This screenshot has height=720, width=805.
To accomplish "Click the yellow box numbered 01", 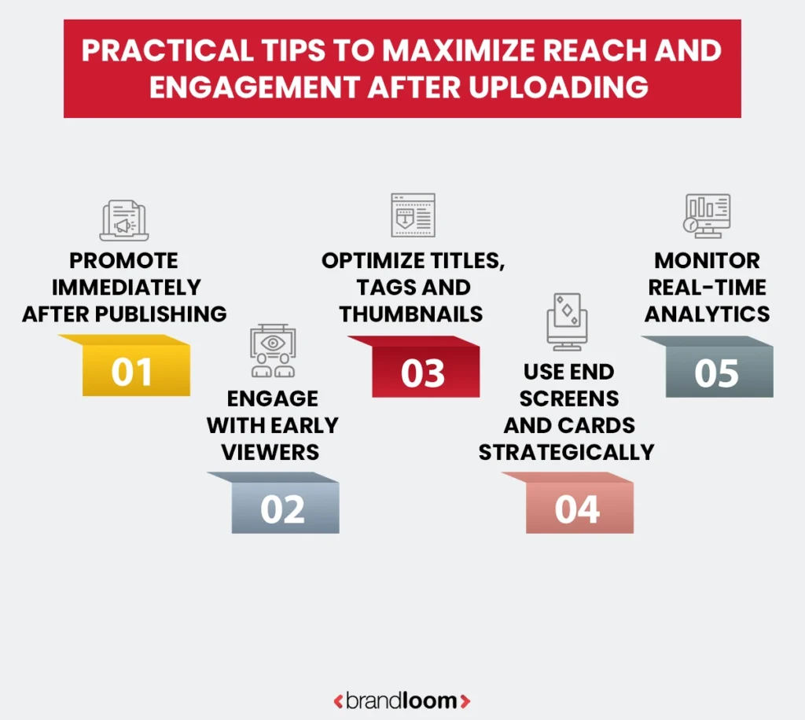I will coord(132,372).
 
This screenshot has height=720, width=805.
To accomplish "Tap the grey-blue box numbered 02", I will coord(283,509).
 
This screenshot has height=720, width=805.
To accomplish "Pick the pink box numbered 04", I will coord(578,509).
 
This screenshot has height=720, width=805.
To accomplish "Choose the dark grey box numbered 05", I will coord(718,373).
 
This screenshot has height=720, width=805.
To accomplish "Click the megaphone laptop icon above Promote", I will coord(123,221).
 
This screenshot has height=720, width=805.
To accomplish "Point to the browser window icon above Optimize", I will coord(413,215).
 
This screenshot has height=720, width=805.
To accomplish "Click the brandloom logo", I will coord(402,700).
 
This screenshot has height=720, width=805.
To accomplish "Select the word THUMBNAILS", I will coord(411,314).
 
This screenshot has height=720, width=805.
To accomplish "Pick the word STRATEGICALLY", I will coord(567,452).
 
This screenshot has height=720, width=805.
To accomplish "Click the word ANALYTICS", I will coord(708,314).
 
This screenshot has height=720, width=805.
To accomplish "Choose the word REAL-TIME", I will coord(707,287).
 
